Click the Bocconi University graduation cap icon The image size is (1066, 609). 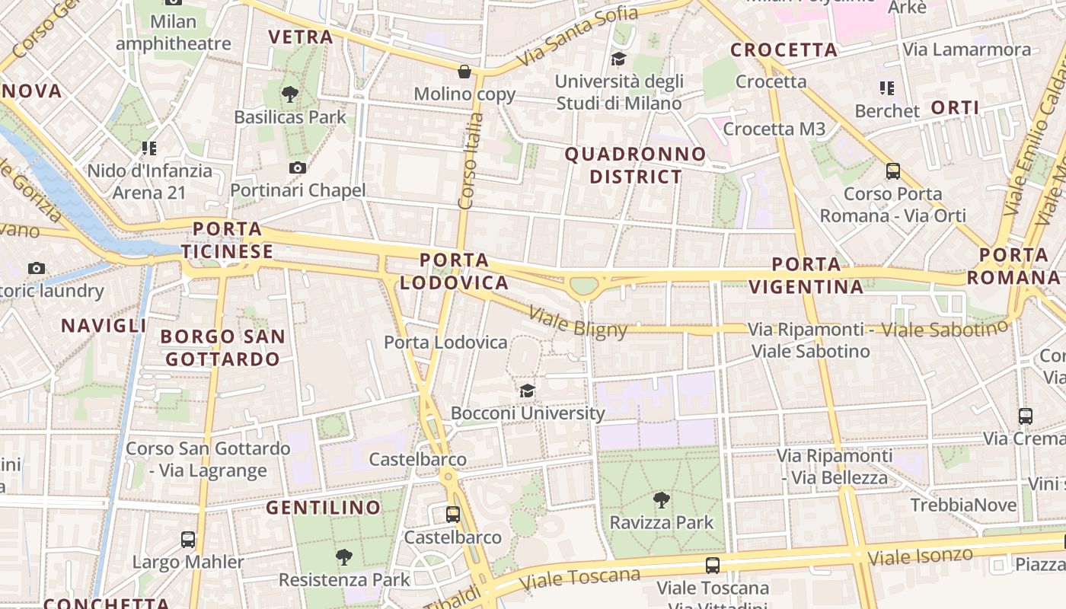point(527,391)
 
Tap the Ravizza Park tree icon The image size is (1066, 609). point(662,500)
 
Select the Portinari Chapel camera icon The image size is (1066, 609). point(298,167)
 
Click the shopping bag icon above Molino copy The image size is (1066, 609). point(464,72)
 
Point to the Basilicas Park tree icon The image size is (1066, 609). point(289,94)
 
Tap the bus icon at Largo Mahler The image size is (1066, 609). point(188,540)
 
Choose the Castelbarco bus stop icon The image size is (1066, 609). point(453,514)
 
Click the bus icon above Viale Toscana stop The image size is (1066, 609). point(713,566)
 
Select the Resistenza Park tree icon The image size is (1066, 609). point(344,557)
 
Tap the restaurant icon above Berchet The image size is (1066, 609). point(886,88)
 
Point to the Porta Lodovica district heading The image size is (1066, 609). point(454,271)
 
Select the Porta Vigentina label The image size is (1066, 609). point(806,276)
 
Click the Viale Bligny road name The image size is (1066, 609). point(578,322)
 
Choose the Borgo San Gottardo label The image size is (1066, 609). point(223,347)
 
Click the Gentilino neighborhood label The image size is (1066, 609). point(324,507)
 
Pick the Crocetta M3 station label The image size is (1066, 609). point(774,129)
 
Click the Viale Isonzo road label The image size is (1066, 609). point(920,556)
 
